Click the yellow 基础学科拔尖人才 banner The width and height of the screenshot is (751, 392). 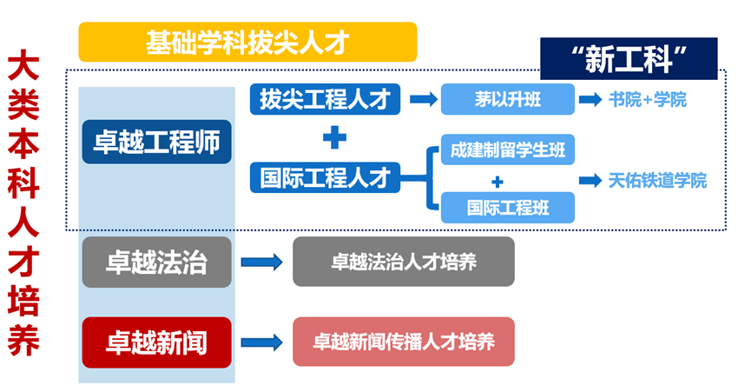[247, 43]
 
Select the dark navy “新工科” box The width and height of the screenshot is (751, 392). [629, 58]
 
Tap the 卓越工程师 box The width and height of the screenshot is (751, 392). [156, 142]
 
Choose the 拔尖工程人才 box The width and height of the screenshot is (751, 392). [325, 99]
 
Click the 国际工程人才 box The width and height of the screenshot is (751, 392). [325, 178]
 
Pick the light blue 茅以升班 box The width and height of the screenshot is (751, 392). [508, 99]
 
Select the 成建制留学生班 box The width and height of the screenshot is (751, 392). [508, 149]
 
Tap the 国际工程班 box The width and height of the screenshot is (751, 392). [508, 208]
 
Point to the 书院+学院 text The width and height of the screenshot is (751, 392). [648, 100]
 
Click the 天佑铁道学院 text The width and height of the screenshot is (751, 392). [657, 181]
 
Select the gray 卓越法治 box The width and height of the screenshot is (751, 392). [156, 262]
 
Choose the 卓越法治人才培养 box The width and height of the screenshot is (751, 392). [404, 262]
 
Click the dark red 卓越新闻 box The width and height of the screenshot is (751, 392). [156, 342]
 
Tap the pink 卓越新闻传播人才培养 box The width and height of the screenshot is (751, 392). [404, 342]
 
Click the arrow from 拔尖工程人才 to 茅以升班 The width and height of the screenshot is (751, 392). [424, 99]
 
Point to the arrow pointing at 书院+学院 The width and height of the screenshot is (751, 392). [590, 100]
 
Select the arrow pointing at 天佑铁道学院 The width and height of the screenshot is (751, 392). [590, 181]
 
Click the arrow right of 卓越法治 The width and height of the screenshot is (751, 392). [261, 262]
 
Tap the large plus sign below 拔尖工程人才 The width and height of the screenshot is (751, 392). [335, 138]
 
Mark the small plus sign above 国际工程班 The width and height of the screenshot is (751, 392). [497, 183]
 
